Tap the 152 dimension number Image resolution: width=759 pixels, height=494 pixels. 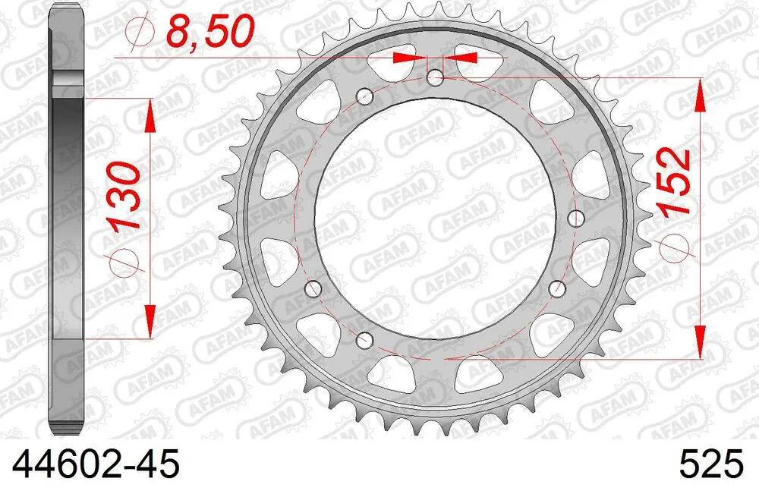click(x=674, y=183)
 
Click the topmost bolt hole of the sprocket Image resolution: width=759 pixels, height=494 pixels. click(x=436, y=77)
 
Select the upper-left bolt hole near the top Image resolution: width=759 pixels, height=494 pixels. click(x=365, y=96)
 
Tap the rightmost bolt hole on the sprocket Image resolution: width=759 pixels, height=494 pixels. click(x=576, y=219)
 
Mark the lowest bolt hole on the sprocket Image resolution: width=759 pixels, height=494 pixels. click(x=365, y=338)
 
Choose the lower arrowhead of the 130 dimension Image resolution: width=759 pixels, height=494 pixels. click(x=150, y=319)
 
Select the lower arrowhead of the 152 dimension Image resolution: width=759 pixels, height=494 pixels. click(x=699, y=338)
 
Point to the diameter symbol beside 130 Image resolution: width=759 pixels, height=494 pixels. click(x=127, y=262)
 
